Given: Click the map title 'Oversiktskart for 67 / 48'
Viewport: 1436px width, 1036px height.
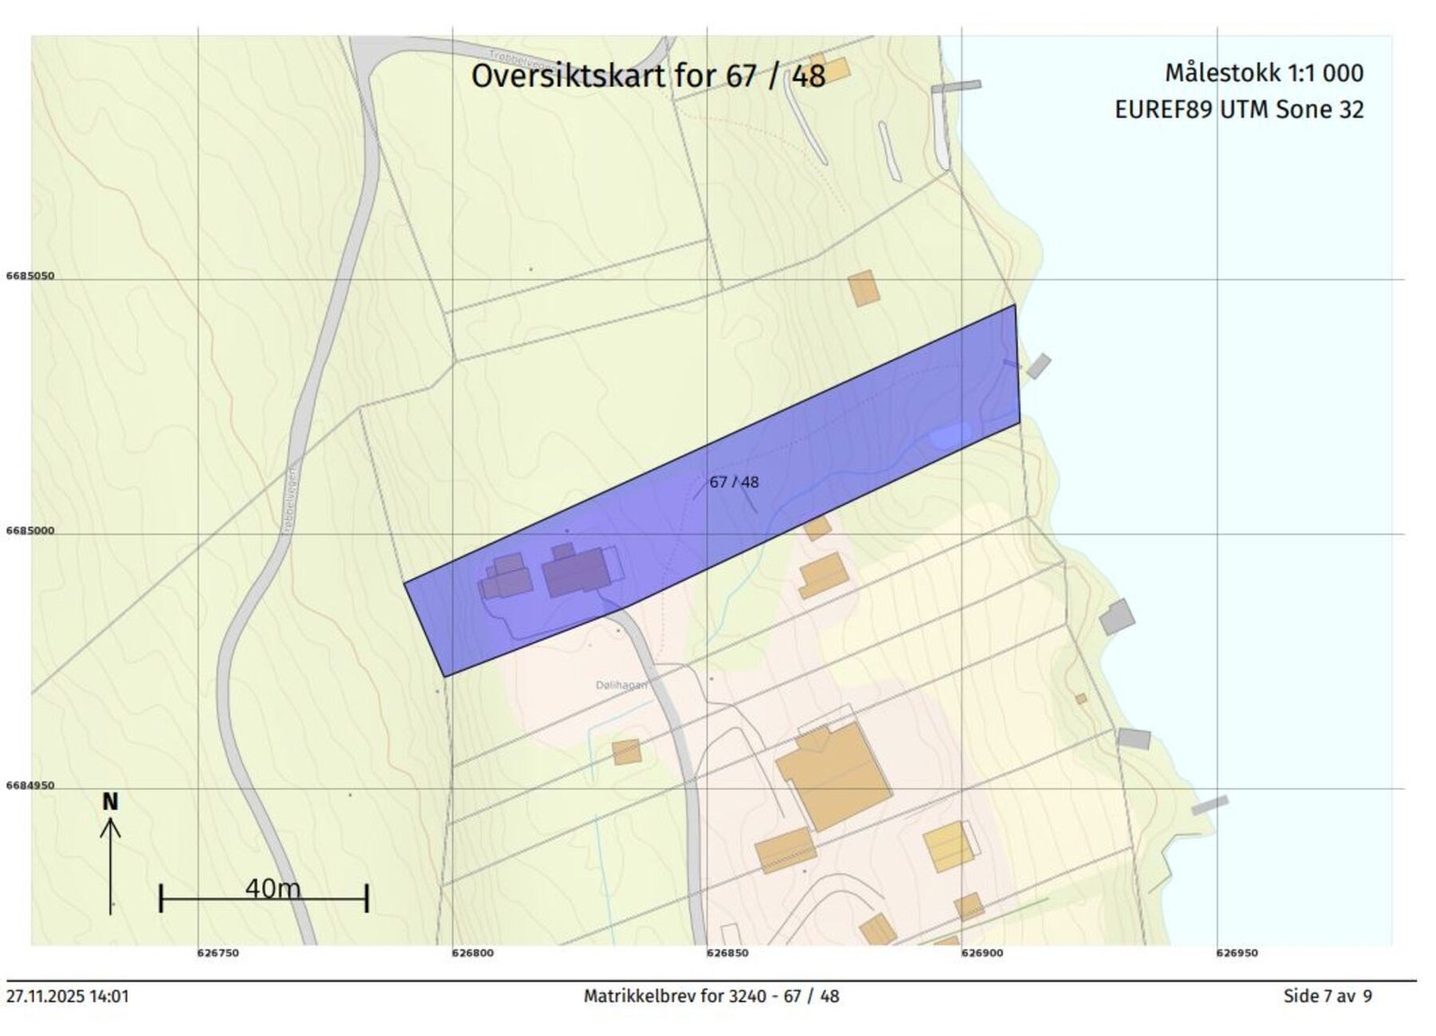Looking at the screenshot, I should pos(647,75).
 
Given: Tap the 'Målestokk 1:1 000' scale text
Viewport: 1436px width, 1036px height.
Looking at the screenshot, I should pos(1264,73).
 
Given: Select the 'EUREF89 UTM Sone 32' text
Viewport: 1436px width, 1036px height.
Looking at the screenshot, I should pos(1239,110).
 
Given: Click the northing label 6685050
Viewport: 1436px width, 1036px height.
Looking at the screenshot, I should pos(30,277).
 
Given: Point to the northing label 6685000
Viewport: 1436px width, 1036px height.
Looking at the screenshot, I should pos(30,531).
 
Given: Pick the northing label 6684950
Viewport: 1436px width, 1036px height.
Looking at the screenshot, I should pos(30,786).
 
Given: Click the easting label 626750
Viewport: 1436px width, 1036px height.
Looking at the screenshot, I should pos(218,953).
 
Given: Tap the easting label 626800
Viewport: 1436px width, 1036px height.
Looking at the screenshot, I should pos(472,953).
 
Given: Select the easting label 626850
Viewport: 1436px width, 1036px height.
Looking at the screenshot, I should pos(727,953).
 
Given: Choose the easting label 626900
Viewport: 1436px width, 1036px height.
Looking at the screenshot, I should pos(982,953).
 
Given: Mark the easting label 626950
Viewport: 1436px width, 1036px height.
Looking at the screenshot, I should pos(1237,953).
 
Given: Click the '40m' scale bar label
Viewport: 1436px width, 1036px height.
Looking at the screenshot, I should pos(273,889).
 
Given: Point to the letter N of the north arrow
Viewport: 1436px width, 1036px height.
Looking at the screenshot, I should pos(109,802).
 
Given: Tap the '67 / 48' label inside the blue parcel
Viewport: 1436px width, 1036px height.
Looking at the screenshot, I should pos(733,482).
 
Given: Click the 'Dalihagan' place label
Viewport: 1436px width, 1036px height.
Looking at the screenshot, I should pos(621,685).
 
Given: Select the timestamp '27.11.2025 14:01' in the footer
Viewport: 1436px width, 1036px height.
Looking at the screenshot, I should pos(68,996).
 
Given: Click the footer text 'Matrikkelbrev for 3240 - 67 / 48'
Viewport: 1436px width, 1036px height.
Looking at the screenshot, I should pos(711,996).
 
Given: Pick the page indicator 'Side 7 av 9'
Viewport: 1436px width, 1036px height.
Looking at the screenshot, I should pos(1327,996).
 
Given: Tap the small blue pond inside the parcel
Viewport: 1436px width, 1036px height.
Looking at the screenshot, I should pos(950,436).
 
